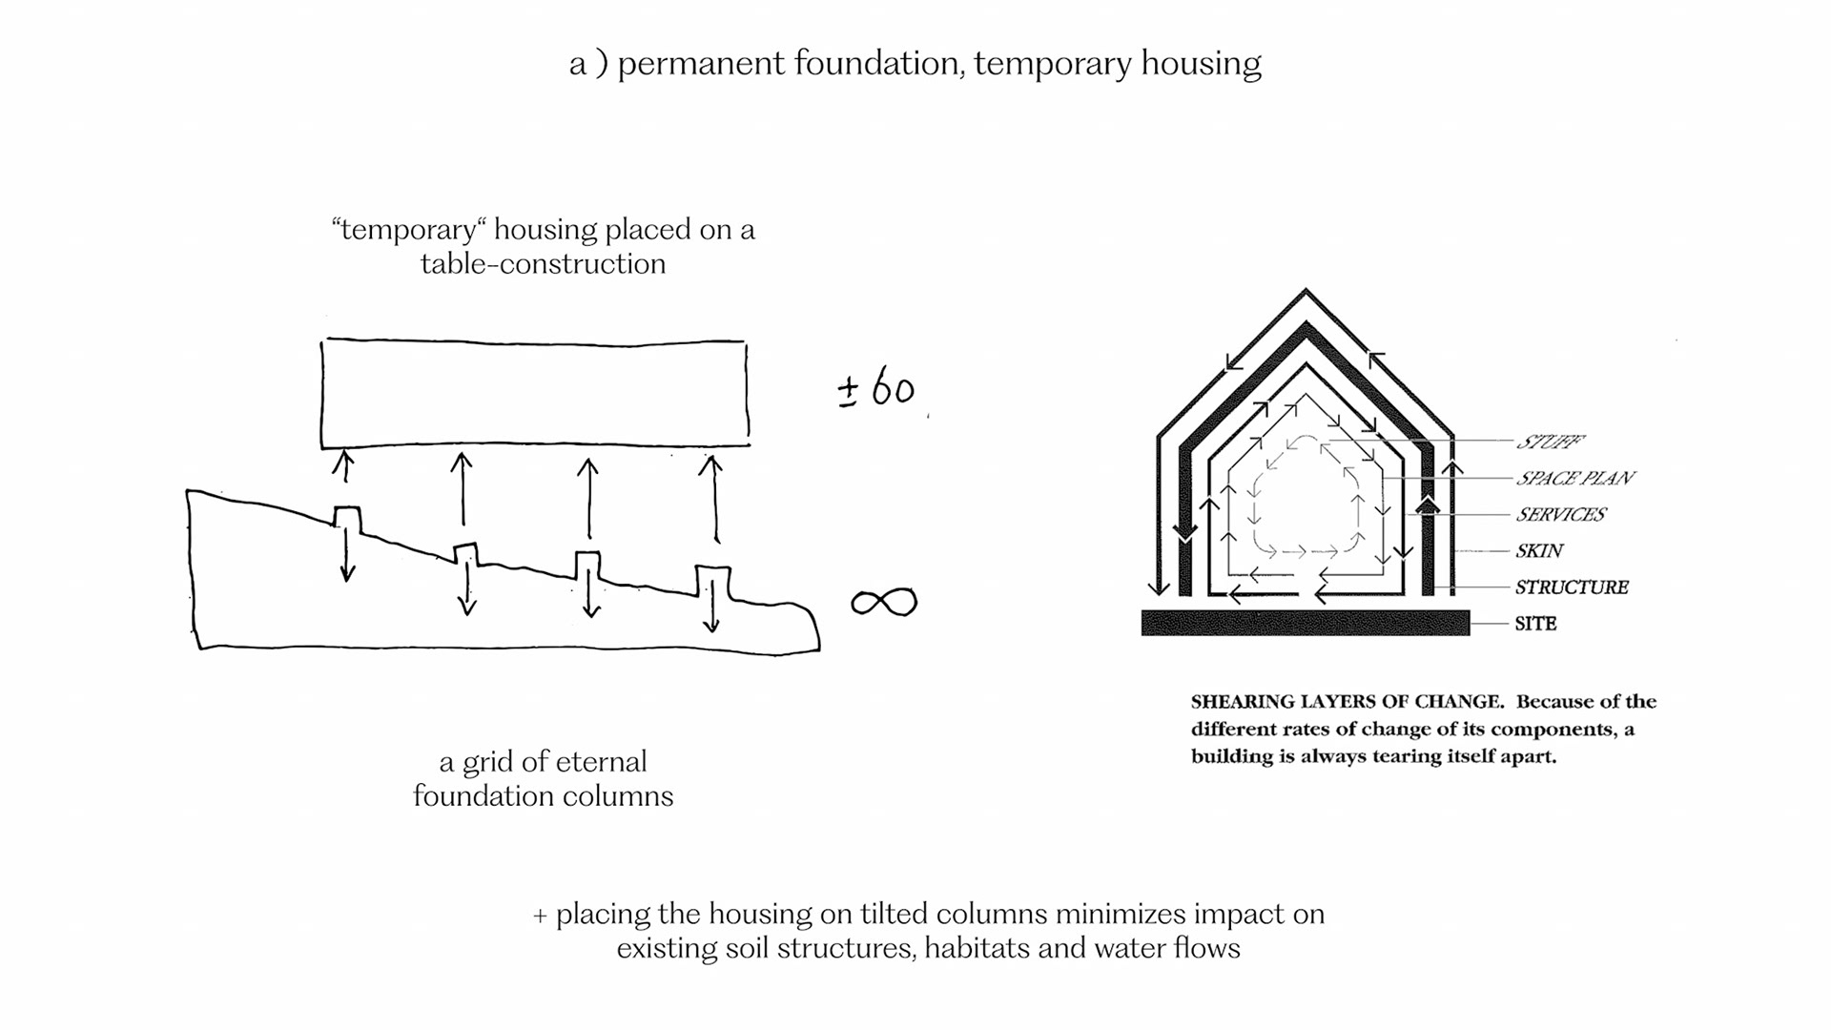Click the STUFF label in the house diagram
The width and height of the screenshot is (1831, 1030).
tap(1550, 442)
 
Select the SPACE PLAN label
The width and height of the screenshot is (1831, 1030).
tap(1574, 478)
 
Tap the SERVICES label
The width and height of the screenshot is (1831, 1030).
tap(1561, 515)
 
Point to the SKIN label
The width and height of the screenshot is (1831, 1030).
tap(1539, 551)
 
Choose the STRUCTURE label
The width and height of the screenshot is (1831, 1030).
tap(1572, 587)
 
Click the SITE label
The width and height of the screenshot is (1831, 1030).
tap(1535, 624)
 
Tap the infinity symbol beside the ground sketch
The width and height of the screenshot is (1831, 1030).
tap(884, 602)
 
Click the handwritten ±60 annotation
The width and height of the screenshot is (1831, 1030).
tap(876, 389)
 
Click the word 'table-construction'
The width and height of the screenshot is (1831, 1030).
tap(543, 264)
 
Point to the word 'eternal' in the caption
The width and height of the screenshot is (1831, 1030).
tap(601, 762)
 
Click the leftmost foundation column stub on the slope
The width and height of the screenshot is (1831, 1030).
tap(347, 517)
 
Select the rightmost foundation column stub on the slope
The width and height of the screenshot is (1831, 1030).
tap(712, 579)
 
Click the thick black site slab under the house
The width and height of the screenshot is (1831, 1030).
tap(1305, 624)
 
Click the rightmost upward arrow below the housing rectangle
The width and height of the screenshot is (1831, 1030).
tap(711, 496)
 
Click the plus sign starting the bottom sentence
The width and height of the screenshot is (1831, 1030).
tap(540, 916)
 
